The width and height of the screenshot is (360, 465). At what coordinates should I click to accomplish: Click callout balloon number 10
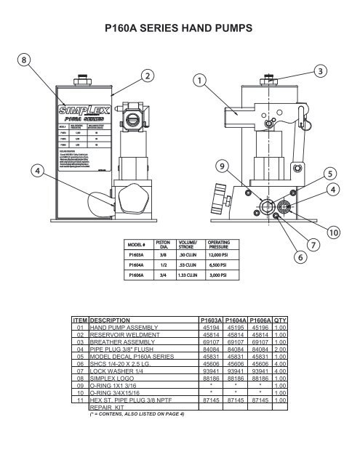pyautogui.click(x=333, y=232)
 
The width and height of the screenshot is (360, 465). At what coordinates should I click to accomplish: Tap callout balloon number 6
pyautogui.click(x=298, y=257)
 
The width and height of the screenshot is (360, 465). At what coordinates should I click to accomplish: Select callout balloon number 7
pyautogui.click(x=313, y=245)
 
